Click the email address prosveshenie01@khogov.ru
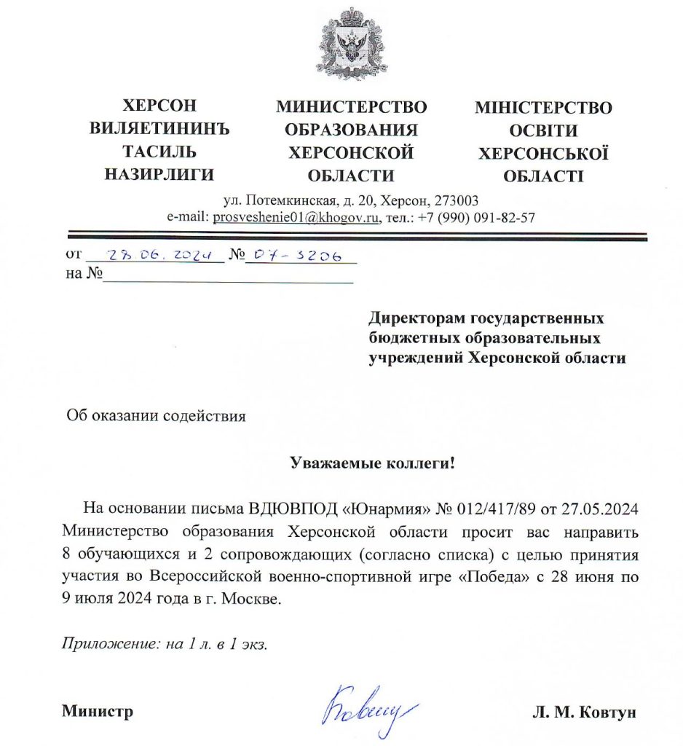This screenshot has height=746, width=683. pos(295,217)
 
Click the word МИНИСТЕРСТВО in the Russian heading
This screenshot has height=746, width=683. pos(351,108)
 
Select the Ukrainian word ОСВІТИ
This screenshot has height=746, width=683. pos(543,131)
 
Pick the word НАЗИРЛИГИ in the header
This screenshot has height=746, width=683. pos(159,175)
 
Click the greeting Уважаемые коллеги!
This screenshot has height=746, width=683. pos(372,463)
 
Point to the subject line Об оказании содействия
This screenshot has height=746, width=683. pos(156,416)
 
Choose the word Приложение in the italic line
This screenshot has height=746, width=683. pos(103,644)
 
